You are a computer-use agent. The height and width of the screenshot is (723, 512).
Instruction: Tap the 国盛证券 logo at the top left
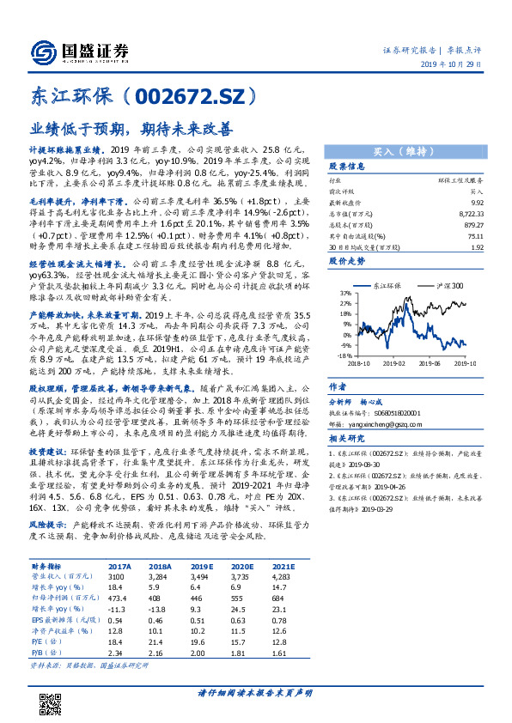click(x=77, y=51)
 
